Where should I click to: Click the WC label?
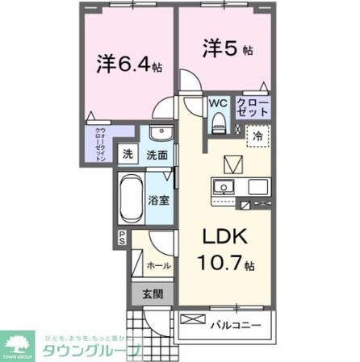coord(218,103)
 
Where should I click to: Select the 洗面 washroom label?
coord(157,154)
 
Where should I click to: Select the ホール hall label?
coord(157,264)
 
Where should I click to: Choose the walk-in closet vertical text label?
coord(101,145)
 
